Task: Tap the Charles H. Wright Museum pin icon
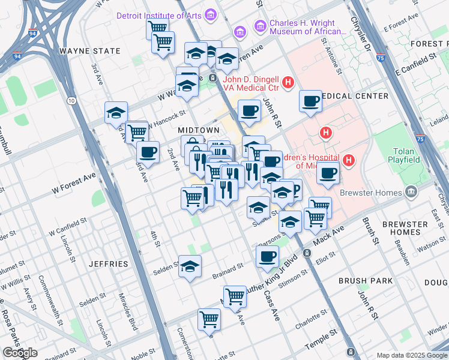260,25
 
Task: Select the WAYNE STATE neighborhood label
90,51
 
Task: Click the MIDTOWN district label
198,130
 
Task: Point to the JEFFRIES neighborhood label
108,263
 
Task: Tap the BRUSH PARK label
365,280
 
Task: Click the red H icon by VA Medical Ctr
288,82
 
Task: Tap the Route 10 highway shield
71,101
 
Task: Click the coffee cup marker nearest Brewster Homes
328,173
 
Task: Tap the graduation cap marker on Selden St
190,266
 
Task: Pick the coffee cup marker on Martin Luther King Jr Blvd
267,256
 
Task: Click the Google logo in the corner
20,353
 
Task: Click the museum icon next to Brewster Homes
411,193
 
